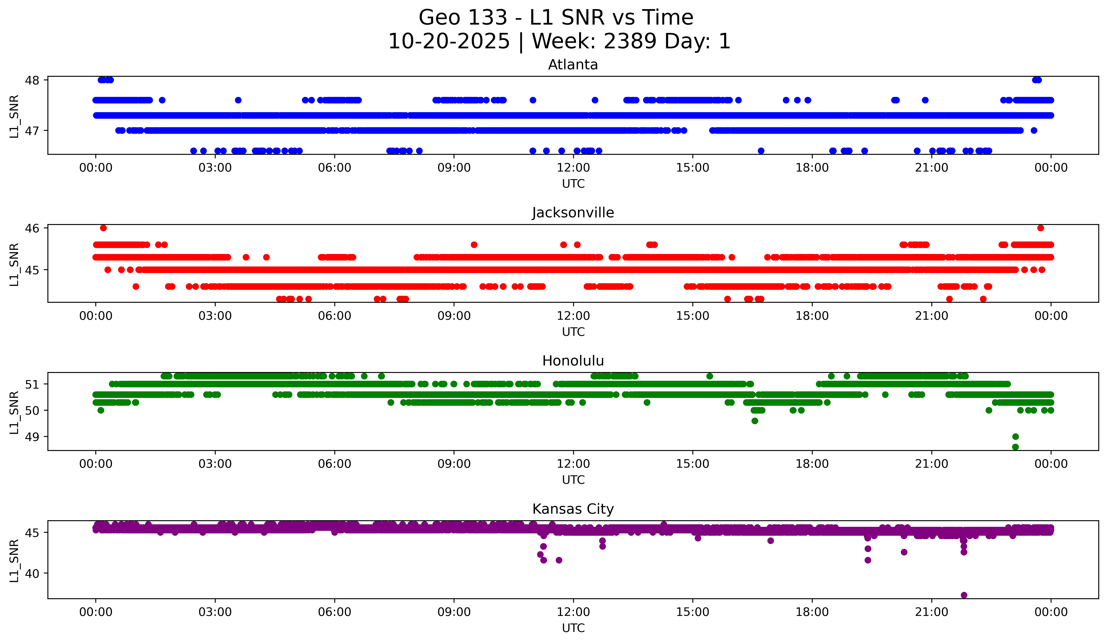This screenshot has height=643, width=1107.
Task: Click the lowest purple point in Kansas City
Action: [x=964, y=595]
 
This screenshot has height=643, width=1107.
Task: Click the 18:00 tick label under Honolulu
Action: [x=812, y=464]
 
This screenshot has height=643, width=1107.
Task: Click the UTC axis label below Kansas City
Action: [x=573, y=628]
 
